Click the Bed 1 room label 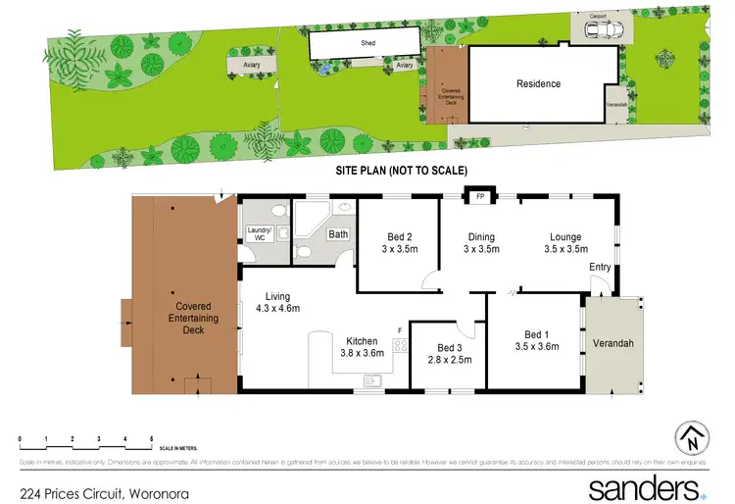coord(536,339)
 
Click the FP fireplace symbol coord(480,197)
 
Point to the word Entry coord(600,266)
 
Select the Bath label coord(338,234)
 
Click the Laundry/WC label coord(260,235)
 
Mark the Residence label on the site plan coord(539,84)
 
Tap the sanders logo coord(648,486)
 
